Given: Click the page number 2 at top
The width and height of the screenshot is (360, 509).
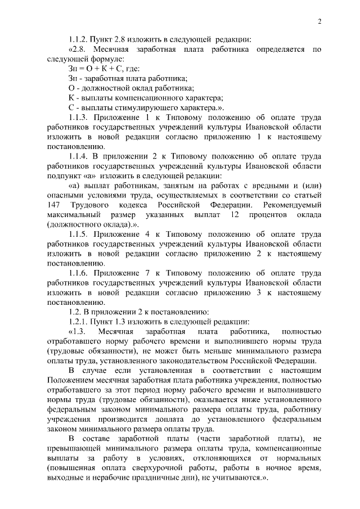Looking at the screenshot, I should tap(319, 21).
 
